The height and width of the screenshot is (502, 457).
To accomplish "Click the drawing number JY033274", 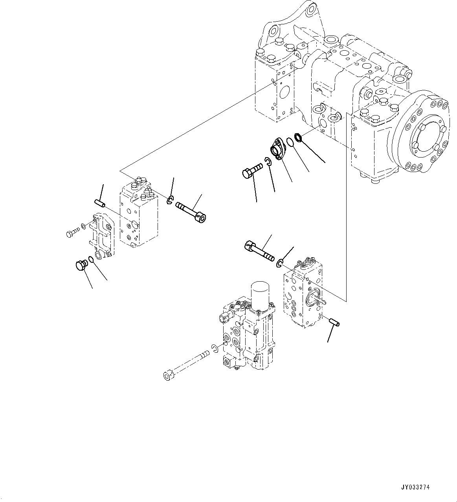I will (416, 487).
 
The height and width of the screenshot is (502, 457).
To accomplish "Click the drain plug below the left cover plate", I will (81, 265).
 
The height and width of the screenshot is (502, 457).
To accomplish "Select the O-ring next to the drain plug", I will (91, 260).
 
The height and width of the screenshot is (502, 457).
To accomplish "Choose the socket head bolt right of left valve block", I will (192, 211).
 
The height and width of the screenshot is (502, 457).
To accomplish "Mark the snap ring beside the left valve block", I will (170, 200).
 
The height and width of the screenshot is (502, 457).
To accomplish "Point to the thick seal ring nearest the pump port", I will (299, 137).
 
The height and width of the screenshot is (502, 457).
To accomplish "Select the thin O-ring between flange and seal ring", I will (289, 142).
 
